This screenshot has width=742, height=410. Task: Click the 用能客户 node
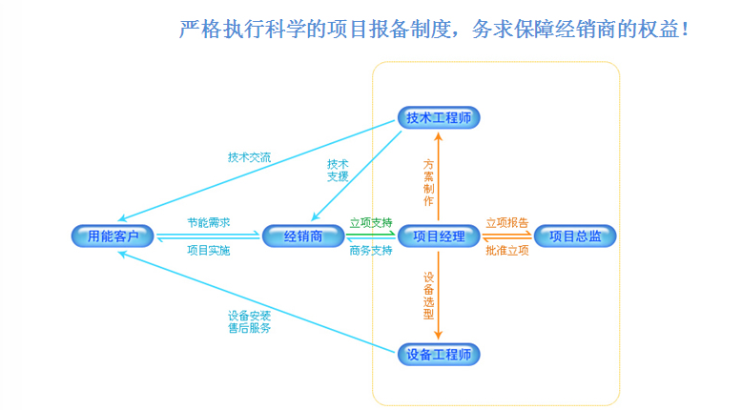pyautogui.click(x=113, y=236)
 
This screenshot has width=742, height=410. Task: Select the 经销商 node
pyautogui.click(x=302, y=236)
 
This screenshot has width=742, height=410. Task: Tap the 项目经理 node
pyautogui.click(x=438, y=236)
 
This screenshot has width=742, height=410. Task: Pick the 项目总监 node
pyautogui.click(x=575, y=236)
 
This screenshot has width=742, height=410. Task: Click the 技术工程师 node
pyautogui.click(x=438, y=118)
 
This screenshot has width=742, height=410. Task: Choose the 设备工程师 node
pyautogui.click(x=438, y=355)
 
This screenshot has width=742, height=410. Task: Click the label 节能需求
pyautogui.click(x=208, y=222)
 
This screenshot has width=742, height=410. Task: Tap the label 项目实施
pyautogui.click(x=208, y=251)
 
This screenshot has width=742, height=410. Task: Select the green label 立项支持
pyautogui.click(x=371, y=222)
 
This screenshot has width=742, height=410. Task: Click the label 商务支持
pyautogui.click(x=371, y=251)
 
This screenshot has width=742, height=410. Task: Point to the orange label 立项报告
pyautogui.click(x=506, y=222)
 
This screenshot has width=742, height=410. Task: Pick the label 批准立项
pyautogui.click(x=506, y=251)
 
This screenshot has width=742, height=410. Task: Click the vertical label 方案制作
pyautogui.click(x=428, y=182)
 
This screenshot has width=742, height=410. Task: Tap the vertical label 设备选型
pyautogui.click(x=428, y=296)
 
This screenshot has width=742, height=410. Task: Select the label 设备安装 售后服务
pyautogui.click(x=249, y=321)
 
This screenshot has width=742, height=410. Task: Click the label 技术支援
pyautogui.click(x=338, y=170)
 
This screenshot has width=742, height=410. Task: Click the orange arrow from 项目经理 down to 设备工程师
pyautogui.click(x=439, y=305)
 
